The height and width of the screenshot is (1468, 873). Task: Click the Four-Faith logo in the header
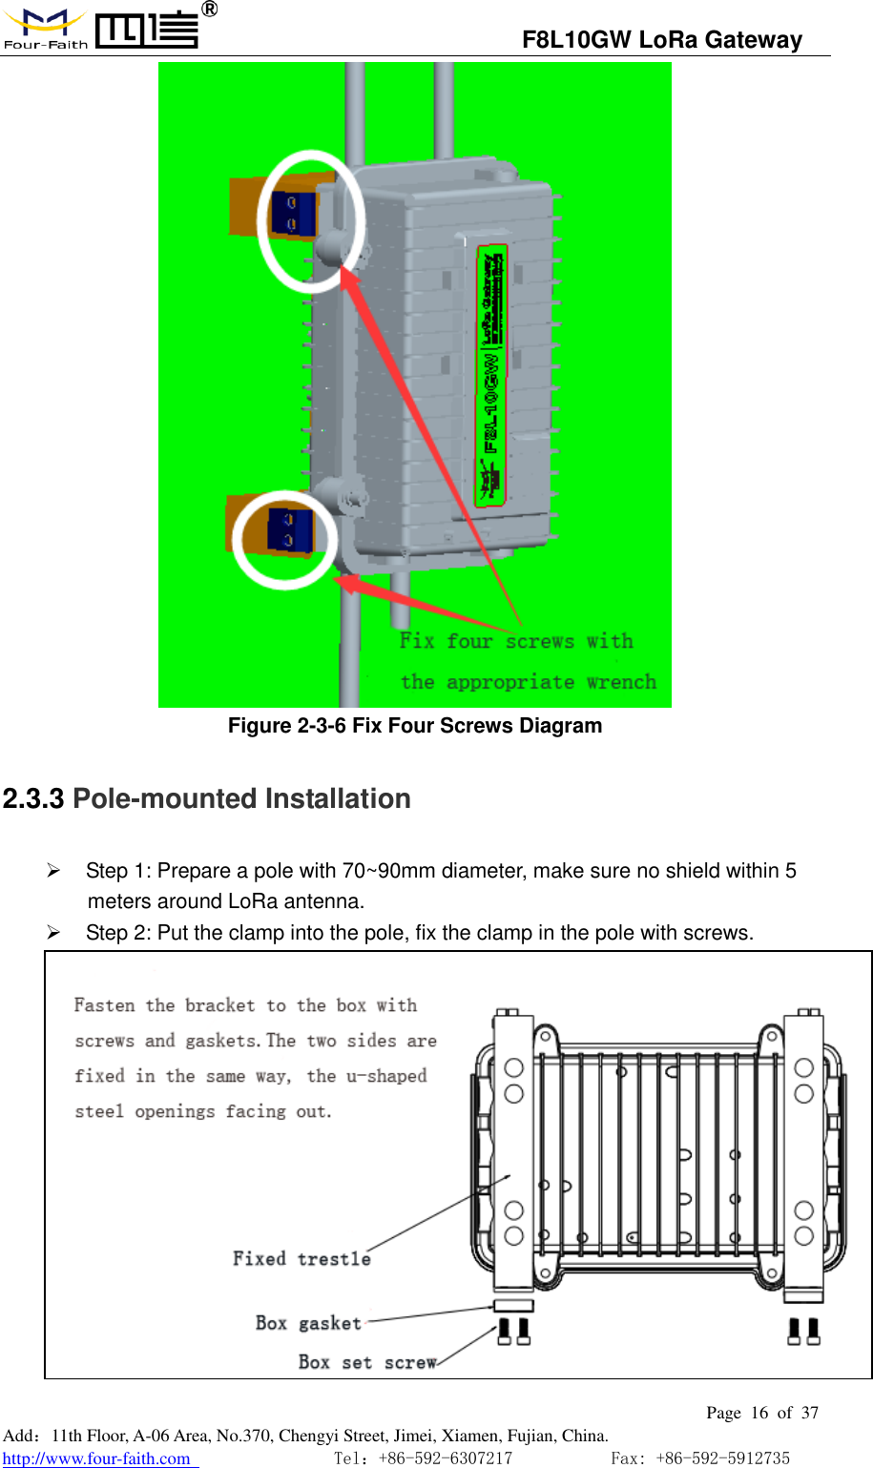(100, 29)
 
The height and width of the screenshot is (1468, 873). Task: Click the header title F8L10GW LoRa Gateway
(661, 40)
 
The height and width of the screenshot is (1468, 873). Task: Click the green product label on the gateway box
(490, 375)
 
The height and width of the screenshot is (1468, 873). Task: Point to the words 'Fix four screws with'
(516, 641)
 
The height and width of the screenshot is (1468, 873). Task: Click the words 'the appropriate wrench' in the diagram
(528, 682)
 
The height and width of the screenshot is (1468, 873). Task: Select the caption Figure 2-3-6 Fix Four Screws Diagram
(415, 726)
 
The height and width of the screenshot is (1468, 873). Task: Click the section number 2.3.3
(33, 799)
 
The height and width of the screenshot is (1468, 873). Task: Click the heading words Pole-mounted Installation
(241, 799)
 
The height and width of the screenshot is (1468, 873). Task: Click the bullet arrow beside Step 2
(54, 932)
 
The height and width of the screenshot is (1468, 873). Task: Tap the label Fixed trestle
(301, 1259)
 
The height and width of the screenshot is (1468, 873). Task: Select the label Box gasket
(308, 1323)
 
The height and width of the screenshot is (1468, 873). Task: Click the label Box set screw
(367, 1362)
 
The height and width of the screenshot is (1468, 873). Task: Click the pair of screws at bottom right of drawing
(803, 1331)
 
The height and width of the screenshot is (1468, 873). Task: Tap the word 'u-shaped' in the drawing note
(386, 1076)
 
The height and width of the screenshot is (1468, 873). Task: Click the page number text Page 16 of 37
(762, 1413)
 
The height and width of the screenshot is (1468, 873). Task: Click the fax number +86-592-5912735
(722, 1458)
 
